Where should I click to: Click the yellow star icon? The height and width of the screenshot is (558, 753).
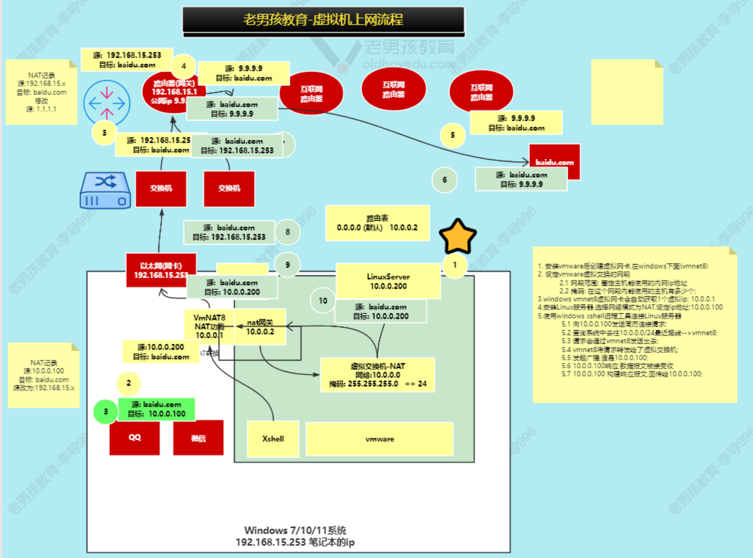tap(457, 236)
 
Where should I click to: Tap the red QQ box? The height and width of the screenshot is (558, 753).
tap(135, 438)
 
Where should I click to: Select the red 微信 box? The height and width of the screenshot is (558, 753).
tap(198, 438)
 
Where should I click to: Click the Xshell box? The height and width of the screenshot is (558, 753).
tap(273, 439)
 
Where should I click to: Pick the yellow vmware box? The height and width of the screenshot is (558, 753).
tap(380, 439)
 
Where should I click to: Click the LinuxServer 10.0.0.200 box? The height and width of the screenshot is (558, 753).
tap(388, 281)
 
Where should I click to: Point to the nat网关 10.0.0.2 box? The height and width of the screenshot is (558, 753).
tap(260, 327)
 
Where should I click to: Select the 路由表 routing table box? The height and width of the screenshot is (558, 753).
tap(377, 223)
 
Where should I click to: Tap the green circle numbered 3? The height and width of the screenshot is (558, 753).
tap(106, 412)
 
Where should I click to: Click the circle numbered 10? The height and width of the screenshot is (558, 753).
tap(323, 301)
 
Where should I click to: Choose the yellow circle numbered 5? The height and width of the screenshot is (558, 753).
tap(452, 135)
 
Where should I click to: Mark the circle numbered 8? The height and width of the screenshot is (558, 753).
tap(288, 232)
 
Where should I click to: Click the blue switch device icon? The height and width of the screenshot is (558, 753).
tap(106, 190)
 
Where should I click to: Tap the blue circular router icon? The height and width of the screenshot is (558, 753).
tap(107, 103)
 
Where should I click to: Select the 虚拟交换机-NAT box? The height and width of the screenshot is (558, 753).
tap(378, 375)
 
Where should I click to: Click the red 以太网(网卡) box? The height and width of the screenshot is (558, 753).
tap(161, 270)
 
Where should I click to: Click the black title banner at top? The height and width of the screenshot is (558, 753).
tap(323, 20)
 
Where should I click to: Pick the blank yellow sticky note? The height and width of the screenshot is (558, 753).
tap(627, 92)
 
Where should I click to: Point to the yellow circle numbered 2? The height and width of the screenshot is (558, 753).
tap(128, 383)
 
